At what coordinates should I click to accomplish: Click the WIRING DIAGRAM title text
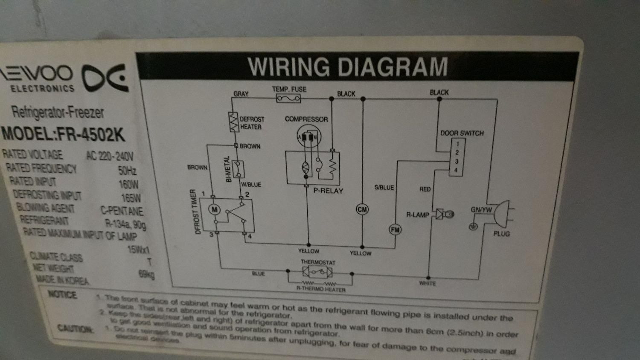coord(348,67)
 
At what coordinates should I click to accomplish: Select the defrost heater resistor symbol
coord(233,122)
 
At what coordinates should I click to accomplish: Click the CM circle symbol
coord(362,209)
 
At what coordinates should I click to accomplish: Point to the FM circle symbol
coord(395,229)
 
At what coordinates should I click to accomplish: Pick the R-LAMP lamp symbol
coord(444,215)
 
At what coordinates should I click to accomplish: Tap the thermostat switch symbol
coord(317,272)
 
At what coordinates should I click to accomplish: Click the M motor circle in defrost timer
coord(214,209)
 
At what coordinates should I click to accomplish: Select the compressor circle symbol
coord(308,137)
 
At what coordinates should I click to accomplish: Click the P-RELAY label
coord(328,191)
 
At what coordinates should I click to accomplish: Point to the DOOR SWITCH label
coord(462,133)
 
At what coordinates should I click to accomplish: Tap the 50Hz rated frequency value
coord(127,171)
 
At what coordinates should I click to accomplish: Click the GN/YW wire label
coord(481,210)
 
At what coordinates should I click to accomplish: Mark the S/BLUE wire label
coord(384,187)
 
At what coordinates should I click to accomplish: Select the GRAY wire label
coord(241,94)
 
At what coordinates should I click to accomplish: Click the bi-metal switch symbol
coord(238,169)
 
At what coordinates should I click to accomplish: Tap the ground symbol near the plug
coord(473,226)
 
